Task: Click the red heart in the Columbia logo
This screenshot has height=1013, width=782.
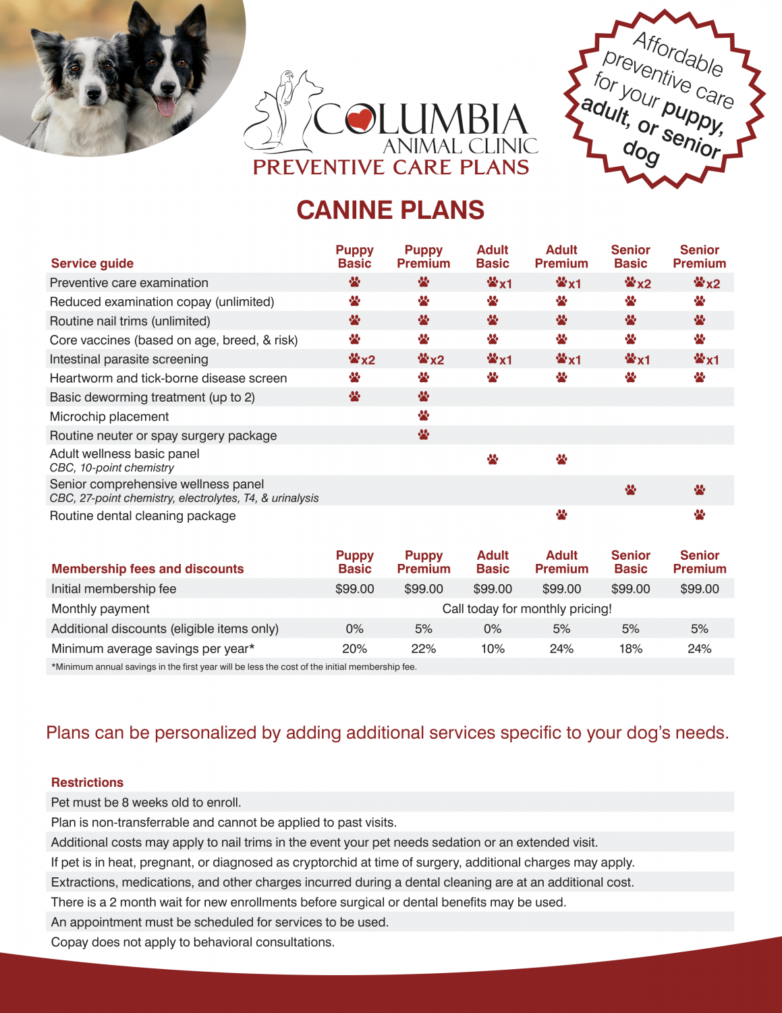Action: tap(360, 120)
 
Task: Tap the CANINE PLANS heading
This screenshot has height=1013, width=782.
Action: tap(391, 210)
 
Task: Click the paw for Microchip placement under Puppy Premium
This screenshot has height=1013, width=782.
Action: tap(424, 415)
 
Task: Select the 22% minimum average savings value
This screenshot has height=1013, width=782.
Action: tap(424, 648)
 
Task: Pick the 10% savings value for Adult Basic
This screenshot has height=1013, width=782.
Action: tap(493, 648)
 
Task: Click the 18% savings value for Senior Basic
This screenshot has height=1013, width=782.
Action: tap(631, 648)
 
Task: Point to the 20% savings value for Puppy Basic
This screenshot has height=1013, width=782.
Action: tap(354, 648)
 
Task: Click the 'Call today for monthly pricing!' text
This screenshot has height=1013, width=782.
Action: tap(527, 608)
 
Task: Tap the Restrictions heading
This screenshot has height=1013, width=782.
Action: tap(87, 782)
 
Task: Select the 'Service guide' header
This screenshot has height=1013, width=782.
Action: tap(92, 263)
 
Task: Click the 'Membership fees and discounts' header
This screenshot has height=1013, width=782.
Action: tap(147, 569)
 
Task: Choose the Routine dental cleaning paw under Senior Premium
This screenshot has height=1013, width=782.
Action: tap(700, 515)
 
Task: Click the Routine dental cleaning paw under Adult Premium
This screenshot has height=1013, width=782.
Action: tap(561, 515)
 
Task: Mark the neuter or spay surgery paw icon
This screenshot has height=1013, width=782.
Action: tap(424, 434)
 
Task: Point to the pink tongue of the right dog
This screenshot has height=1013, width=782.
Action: tap(165, 106)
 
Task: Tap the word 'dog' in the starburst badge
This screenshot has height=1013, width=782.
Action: tap(640, 153)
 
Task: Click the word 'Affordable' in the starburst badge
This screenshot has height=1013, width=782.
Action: tap(678, 54)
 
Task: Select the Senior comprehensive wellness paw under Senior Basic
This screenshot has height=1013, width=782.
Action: tap(630, 490)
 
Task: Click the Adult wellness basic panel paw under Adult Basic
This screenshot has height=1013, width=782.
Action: tap(493, 459)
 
